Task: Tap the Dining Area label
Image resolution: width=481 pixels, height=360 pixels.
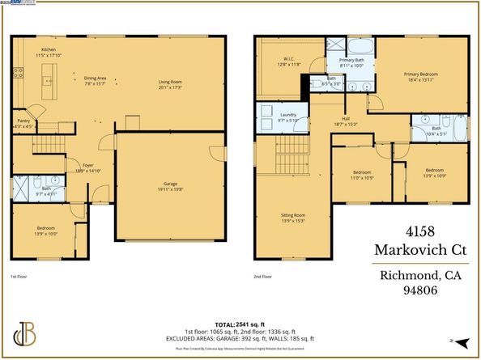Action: point(96,80)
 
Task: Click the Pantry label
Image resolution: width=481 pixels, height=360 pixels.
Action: point(24,123)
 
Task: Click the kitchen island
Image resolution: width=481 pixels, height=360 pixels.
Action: point(45,78)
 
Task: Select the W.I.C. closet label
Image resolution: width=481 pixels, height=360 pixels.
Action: point(287,60)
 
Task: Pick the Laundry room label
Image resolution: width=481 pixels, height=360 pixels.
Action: point(287,116)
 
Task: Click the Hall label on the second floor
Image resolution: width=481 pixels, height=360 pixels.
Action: point(345,121)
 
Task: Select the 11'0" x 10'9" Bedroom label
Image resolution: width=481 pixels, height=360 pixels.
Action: point(362,175)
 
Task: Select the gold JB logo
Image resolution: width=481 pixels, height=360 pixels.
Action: point(26,334)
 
